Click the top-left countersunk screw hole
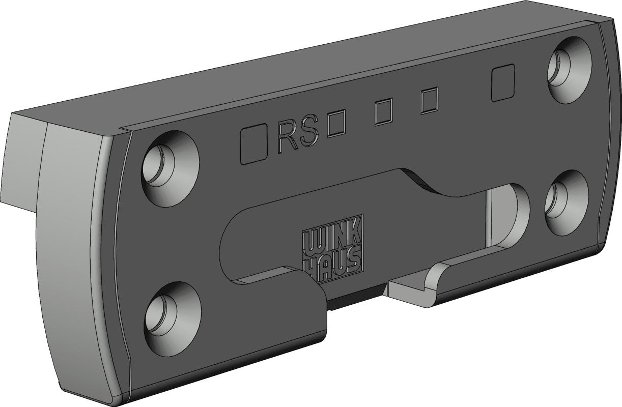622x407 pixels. tap(170, 169)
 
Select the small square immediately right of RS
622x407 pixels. tap(336, 123)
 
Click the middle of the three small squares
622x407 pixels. tap(384, 112)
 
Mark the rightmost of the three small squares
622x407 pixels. tap(430, 101)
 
